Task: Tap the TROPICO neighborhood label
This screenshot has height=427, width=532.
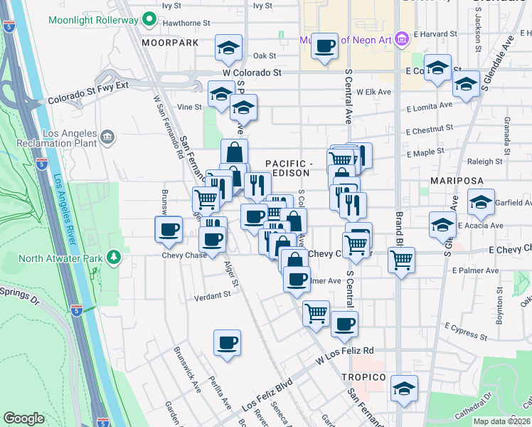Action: (363, 376)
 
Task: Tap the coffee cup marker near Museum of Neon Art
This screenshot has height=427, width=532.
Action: (324, 46)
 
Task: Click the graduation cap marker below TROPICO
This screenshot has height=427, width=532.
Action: (404, 389)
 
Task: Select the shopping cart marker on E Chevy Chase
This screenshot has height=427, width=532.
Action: (401, 260)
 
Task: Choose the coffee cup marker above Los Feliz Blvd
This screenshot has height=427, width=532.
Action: (227, 343)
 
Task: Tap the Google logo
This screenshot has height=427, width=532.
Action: (23, 418)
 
